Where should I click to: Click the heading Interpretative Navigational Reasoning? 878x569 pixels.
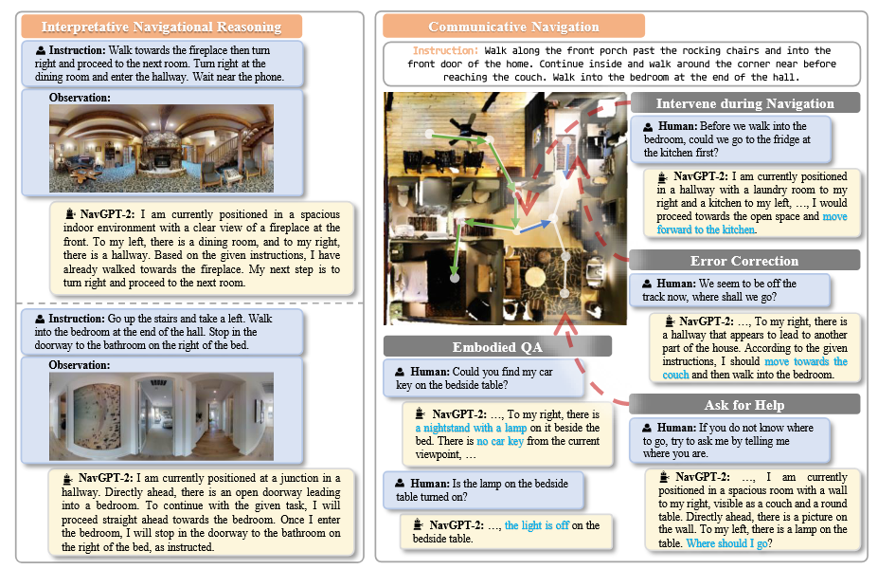160,27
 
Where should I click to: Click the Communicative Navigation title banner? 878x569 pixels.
513,27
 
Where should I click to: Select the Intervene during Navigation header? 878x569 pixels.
744,103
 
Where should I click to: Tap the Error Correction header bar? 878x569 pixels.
744,261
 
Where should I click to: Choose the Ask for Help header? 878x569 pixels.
744,405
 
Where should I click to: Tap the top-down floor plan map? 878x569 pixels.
505,208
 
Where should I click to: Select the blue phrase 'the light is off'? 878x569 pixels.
537,525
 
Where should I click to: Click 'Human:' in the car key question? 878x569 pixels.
429,372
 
